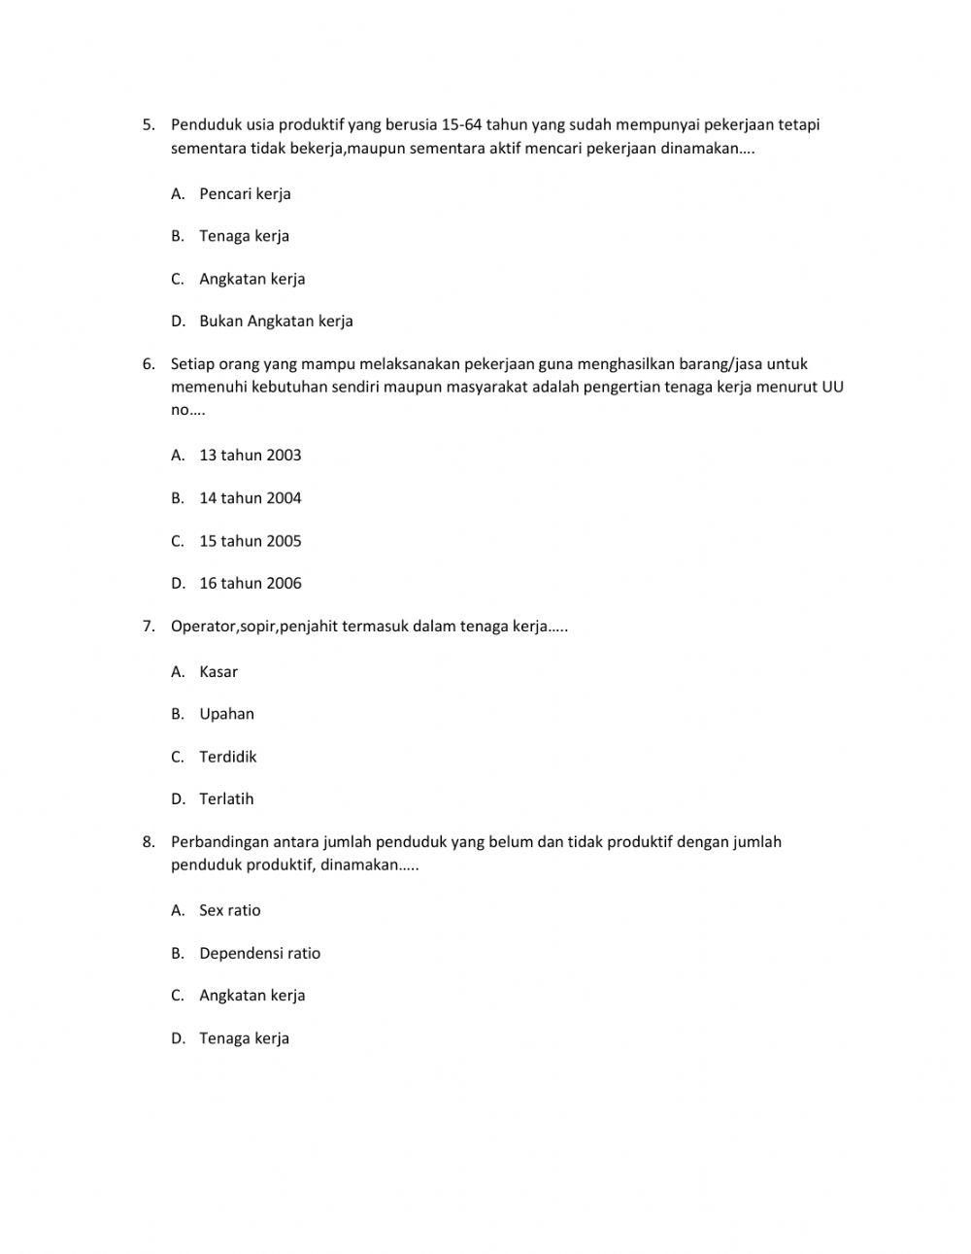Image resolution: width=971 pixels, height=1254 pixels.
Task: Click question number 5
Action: pos(148,124)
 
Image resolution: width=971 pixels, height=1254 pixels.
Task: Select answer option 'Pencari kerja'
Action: pos(245,193)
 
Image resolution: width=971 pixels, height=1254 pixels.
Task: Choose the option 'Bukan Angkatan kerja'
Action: pos(276,321)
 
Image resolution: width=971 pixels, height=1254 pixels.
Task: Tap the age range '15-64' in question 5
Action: pos(461,124)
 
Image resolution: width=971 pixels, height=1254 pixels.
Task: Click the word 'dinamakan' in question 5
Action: pos(700,149)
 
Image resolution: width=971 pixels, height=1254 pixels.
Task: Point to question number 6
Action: pos(148,364)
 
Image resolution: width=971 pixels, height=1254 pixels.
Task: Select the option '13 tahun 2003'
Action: pos(250,455)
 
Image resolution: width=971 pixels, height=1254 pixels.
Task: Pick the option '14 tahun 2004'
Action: pos(250,497)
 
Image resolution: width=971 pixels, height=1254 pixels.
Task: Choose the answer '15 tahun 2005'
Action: pos(250,540)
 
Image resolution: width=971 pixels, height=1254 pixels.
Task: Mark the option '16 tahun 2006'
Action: pos(250,583)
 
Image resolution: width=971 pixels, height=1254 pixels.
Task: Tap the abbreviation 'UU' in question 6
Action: pos(832,387)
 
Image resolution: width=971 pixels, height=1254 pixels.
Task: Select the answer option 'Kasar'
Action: pos(218,671)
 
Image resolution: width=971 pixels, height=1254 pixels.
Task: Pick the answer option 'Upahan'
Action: pos(226,713)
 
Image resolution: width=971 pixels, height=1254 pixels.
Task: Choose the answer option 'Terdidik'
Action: pos(227,756)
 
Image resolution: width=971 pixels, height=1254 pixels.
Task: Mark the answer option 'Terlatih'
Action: pos(226,798)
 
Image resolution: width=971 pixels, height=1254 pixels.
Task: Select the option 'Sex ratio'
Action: pos(229,910)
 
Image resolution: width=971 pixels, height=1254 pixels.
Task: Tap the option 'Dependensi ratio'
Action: pos(259,953)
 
